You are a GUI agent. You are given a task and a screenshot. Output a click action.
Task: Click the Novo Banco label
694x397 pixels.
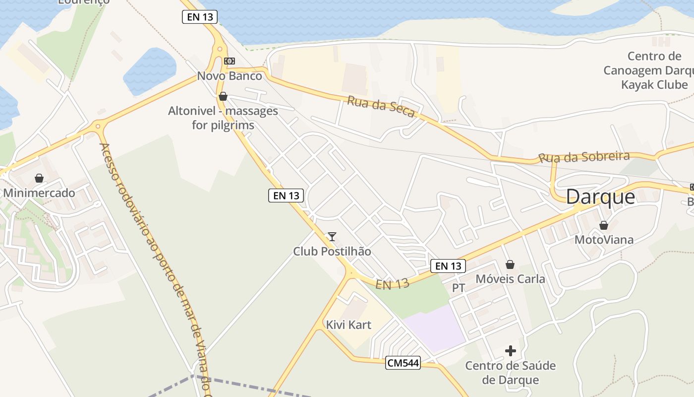point(230,76)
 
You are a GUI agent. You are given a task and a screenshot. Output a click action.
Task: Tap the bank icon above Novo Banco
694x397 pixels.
point(229,61)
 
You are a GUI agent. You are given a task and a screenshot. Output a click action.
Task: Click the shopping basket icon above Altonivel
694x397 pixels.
point(223,96)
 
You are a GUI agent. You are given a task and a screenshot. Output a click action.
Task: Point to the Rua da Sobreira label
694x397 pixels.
point(584,157)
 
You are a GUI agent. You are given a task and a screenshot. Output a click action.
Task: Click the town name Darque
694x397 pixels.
point(600,197)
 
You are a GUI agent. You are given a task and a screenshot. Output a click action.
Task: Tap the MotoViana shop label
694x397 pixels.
point(604,240)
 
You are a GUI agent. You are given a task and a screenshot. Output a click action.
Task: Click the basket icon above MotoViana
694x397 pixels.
point(604,225)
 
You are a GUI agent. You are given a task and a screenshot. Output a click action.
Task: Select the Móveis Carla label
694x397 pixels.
point(510,279)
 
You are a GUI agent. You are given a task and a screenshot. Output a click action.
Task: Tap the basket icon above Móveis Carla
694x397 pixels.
point(510,265)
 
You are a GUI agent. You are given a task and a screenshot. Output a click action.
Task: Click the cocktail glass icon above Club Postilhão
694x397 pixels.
point(332,237)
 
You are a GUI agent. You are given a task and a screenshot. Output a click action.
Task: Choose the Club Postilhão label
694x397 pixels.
point(332,251)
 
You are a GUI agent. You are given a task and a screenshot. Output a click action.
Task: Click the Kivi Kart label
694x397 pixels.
point(348,325)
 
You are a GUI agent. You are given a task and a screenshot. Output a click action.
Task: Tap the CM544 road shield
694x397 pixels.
point(403,363)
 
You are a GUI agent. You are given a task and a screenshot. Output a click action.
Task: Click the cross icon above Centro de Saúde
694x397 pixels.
point(511,351)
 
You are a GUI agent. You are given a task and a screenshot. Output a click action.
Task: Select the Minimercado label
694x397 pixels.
point(39,193)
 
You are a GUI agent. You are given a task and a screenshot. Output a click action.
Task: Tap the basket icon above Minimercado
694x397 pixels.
point(39,178)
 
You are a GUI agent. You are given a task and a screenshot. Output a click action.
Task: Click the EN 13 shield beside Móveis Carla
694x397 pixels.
point(448,266)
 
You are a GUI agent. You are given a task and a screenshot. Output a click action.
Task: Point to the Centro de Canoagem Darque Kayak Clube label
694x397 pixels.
point(654,70)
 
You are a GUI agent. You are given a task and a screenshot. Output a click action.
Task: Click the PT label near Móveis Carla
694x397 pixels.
point(459,288)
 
